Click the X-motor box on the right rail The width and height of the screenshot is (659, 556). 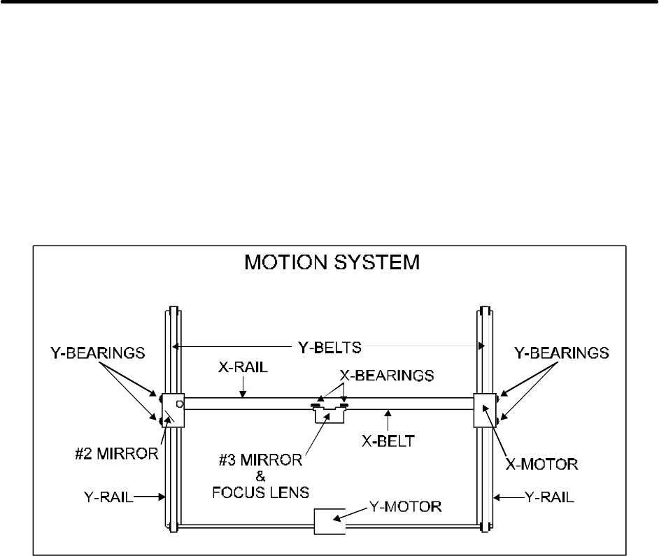[486, 409]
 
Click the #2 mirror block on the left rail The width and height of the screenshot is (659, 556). [173, 410]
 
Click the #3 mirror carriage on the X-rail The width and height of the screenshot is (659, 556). [329, 413]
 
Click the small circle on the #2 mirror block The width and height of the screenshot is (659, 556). [180, 404]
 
